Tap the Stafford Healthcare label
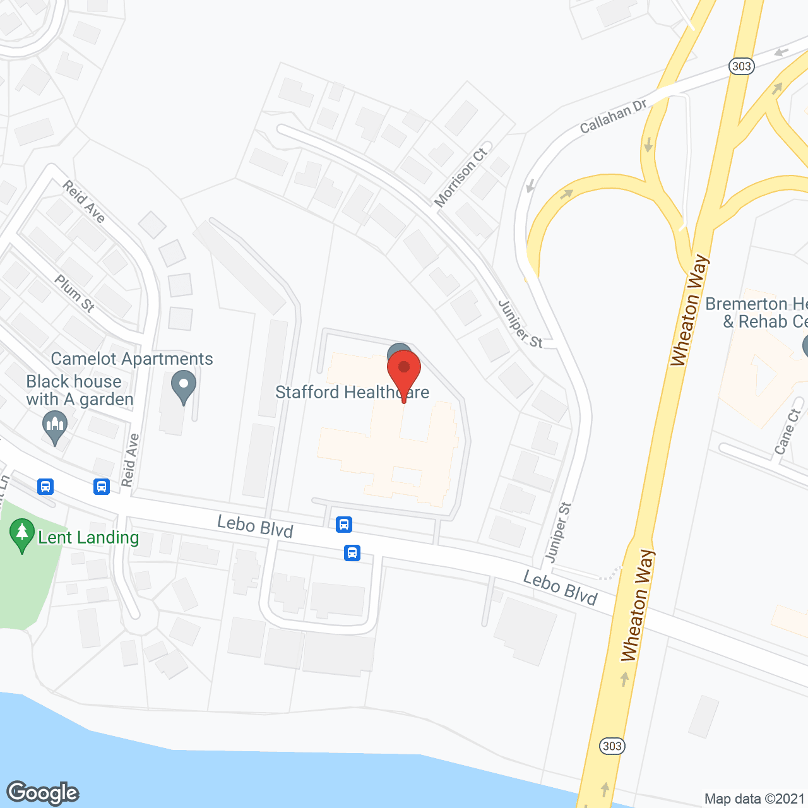click(x=352, y=392)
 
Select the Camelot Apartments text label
click(x=132, y=359)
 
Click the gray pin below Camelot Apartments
click(x=184, y=387)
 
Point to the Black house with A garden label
click(x=80, y=390)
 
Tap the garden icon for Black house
click(x=55, y=427)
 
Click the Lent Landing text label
click(x=88, y=537)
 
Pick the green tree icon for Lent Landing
click(x=22, y=535)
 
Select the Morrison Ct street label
click(x=461, y=177)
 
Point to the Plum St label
click(x=74, y=293)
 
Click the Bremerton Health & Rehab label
click(x=756, y=312)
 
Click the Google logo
click(x=43, y=793)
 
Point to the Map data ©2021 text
click(x=755, y=799)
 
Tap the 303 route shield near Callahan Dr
click(x=742, y=66)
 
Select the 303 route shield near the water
click(x=612, y=746)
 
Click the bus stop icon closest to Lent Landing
click(x=45, y=487)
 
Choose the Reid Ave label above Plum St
click(x=83, y=201)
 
